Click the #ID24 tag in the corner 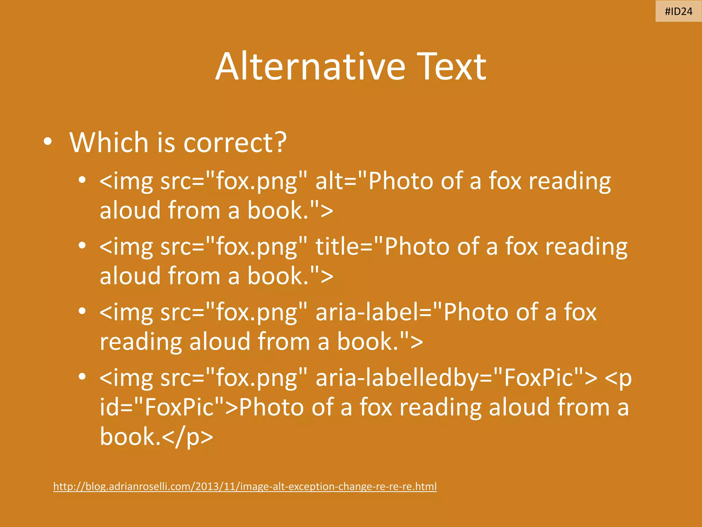[678, 12]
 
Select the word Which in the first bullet [109, 142]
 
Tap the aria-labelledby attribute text [404, 377]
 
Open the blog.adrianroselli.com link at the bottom [245, 487]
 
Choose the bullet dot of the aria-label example [82, 311]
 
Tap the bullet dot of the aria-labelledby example [82, 376]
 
